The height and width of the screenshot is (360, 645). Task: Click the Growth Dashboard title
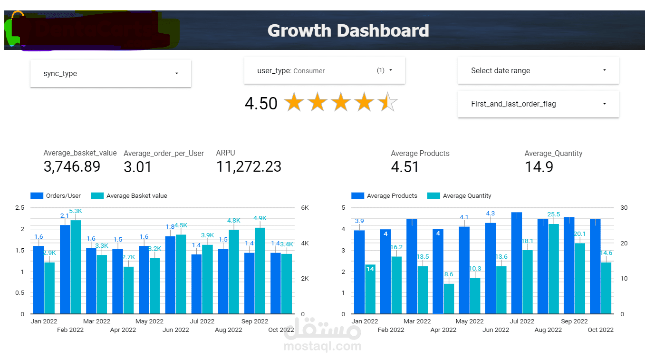click(x=348, y=31)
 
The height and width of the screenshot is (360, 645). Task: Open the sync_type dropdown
click(x=110, y=74)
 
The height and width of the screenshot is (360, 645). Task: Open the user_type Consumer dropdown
click(x=324, y=70)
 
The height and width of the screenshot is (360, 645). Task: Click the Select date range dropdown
click(x=538, y=70)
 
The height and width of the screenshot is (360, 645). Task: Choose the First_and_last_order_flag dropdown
click(x=538, y=104)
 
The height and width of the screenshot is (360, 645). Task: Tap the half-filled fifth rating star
click(x=387, y=103)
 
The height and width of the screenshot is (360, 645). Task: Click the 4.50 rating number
click(x=261, y=103)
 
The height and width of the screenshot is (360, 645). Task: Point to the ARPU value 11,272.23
click(x=249, y=166)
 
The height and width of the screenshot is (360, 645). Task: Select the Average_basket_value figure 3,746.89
click(x=72, y=166)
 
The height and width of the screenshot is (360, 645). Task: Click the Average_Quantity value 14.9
click(x=539, y=167)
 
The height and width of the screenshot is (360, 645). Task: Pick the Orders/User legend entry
click(x=56, y=195)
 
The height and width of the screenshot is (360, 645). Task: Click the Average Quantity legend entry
click(x=460, y=195)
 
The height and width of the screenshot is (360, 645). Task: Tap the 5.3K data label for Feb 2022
click(x=76, y=211)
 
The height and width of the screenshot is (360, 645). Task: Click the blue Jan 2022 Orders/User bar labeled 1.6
click(x=39, y=280)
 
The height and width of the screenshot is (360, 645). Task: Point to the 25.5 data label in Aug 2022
click(x=554, y=214)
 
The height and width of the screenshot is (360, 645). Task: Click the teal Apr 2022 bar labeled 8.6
click(x=449, y=299)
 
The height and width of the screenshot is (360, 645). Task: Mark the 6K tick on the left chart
click(x=304, y=208)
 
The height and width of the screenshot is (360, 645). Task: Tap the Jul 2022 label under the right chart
click(x=522, y=321)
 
